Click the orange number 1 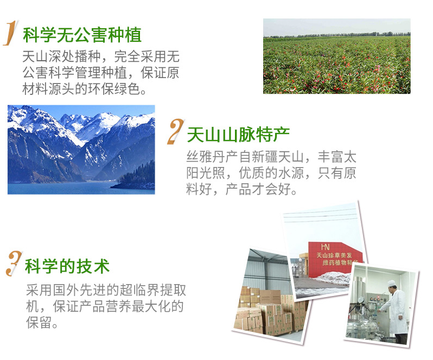[11, 33]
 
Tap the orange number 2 [176, 131]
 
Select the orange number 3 [14, 263]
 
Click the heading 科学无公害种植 [82, 35]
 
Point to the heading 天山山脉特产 [238, 134]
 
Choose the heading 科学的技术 [67, 266]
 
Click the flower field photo [336, 56]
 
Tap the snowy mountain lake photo [81, 150]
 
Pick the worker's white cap [391, 284]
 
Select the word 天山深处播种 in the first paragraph [61, 56]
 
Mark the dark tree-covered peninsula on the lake [136, 177]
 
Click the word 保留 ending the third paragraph [39, 323]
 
